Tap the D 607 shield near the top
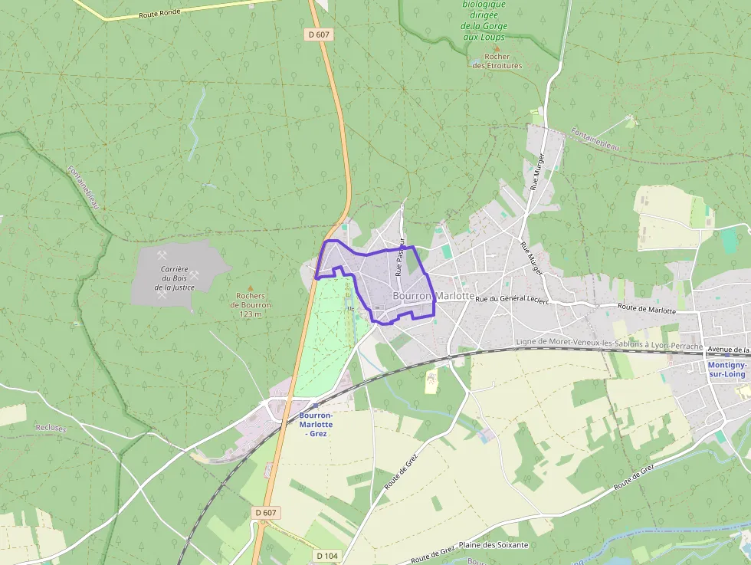[317, 34]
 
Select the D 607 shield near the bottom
[266, 512]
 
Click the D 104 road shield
[326, 554]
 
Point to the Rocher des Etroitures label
[497, 61]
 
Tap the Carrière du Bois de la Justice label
[175, 278]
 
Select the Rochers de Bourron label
[251, 301]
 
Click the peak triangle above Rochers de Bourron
[250, 287]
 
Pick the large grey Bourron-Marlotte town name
[433, 296]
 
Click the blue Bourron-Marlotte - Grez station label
[316, 424]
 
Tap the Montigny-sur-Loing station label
[727, 370]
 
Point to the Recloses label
[51, 427]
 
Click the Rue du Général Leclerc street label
[512, 300]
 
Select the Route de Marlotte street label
[648, 310]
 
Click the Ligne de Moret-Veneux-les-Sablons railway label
[609, 344]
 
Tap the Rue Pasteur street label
[399, 256]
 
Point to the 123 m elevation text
[251, 314]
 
